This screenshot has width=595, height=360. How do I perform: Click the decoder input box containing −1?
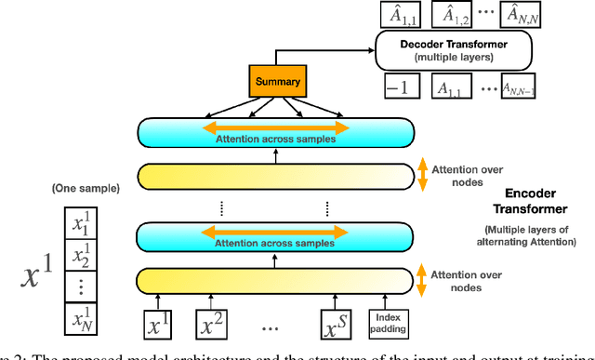pos(401,87)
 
